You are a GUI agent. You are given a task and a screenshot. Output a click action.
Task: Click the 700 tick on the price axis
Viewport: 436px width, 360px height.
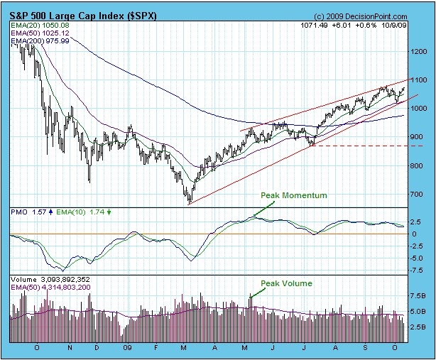[419, 194]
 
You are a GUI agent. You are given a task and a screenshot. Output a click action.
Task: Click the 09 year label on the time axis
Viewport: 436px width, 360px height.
[126, 350]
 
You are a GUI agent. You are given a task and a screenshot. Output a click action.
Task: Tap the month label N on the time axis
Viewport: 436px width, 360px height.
[70, 350]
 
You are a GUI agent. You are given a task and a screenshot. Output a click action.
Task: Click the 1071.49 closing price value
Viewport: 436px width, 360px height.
[315, 26]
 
